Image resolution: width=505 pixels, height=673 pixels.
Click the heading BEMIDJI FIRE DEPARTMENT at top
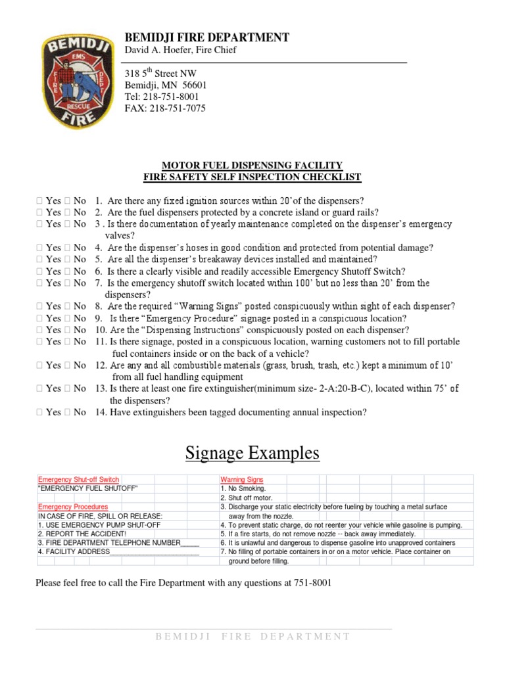coord(206,37)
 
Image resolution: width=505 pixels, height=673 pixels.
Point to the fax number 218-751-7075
coord(176,108)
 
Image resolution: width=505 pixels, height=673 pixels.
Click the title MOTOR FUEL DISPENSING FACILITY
coord(252,165)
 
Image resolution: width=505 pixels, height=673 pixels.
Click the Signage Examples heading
coord(252,453)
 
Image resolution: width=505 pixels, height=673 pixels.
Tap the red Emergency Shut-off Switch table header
coord(78,480)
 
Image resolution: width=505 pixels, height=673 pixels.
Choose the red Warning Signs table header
coord(241,480)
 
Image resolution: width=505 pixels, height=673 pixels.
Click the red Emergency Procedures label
coord(72,507)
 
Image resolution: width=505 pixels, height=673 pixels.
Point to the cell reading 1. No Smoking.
coord(243,489)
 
